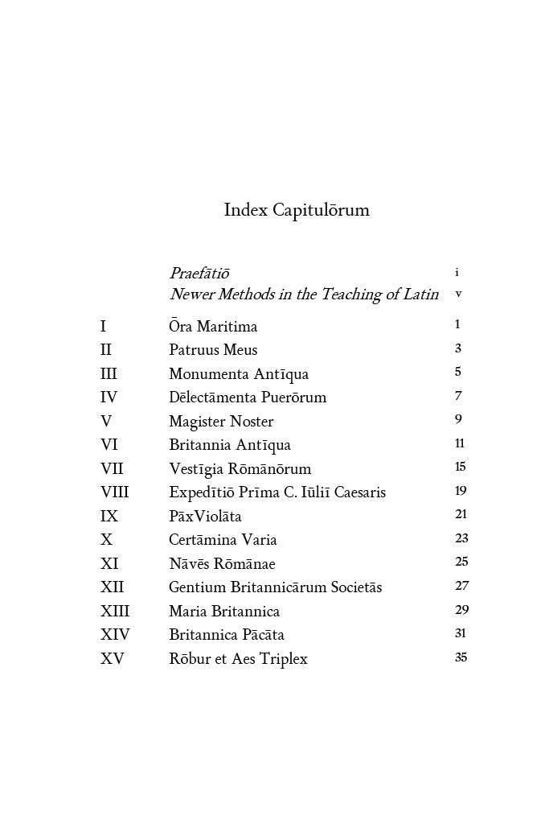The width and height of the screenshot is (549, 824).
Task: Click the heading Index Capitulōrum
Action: pos(297,211)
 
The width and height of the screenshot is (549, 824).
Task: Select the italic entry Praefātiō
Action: pos(199,274)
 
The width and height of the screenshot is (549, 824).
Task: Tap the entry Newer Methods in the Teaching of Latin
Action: pos(304,295)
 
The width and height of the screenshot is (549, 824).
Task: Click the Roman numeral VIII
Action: pos(114,492)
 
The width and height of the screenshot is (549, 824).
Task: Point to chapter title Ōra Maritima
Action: pos(213,327)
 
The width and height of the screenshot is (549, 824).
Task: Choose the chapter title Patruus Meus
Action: pos(213,350)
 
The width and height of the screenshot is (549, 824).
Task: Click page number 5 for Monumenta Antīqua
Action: pos(458,372)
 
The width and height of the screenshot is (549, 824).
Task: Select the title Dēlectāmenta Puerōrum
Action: pos(248,398)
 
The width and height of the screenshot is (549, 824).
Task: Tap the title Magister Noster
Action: pos(221,422)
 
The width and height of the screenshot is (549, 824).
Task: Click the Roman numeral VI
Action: pos(109,445)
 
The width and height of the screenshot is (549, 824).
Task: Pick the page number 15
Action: pos(461,467)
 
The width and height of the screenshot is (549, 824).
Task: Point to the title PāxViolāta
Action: pos(205,517)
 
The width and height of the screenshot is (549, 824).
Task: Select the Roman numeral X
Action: pos(106,540)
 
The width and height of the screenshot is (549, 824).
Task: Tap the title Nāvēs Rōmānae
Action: pos(222,564)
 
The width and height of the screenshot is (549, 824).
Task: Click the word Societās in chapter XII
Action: pos(356,587)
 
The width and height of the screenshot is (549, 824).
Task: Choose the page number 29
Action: pos(461,610)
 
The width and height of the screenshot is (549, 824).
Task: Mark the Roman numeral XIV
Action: pos(115,635)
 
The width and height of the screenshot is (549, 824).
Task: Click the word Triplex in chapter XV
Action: pos(284,659)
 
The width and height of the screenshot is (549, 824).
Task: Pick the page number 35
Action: pos(461,657)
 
